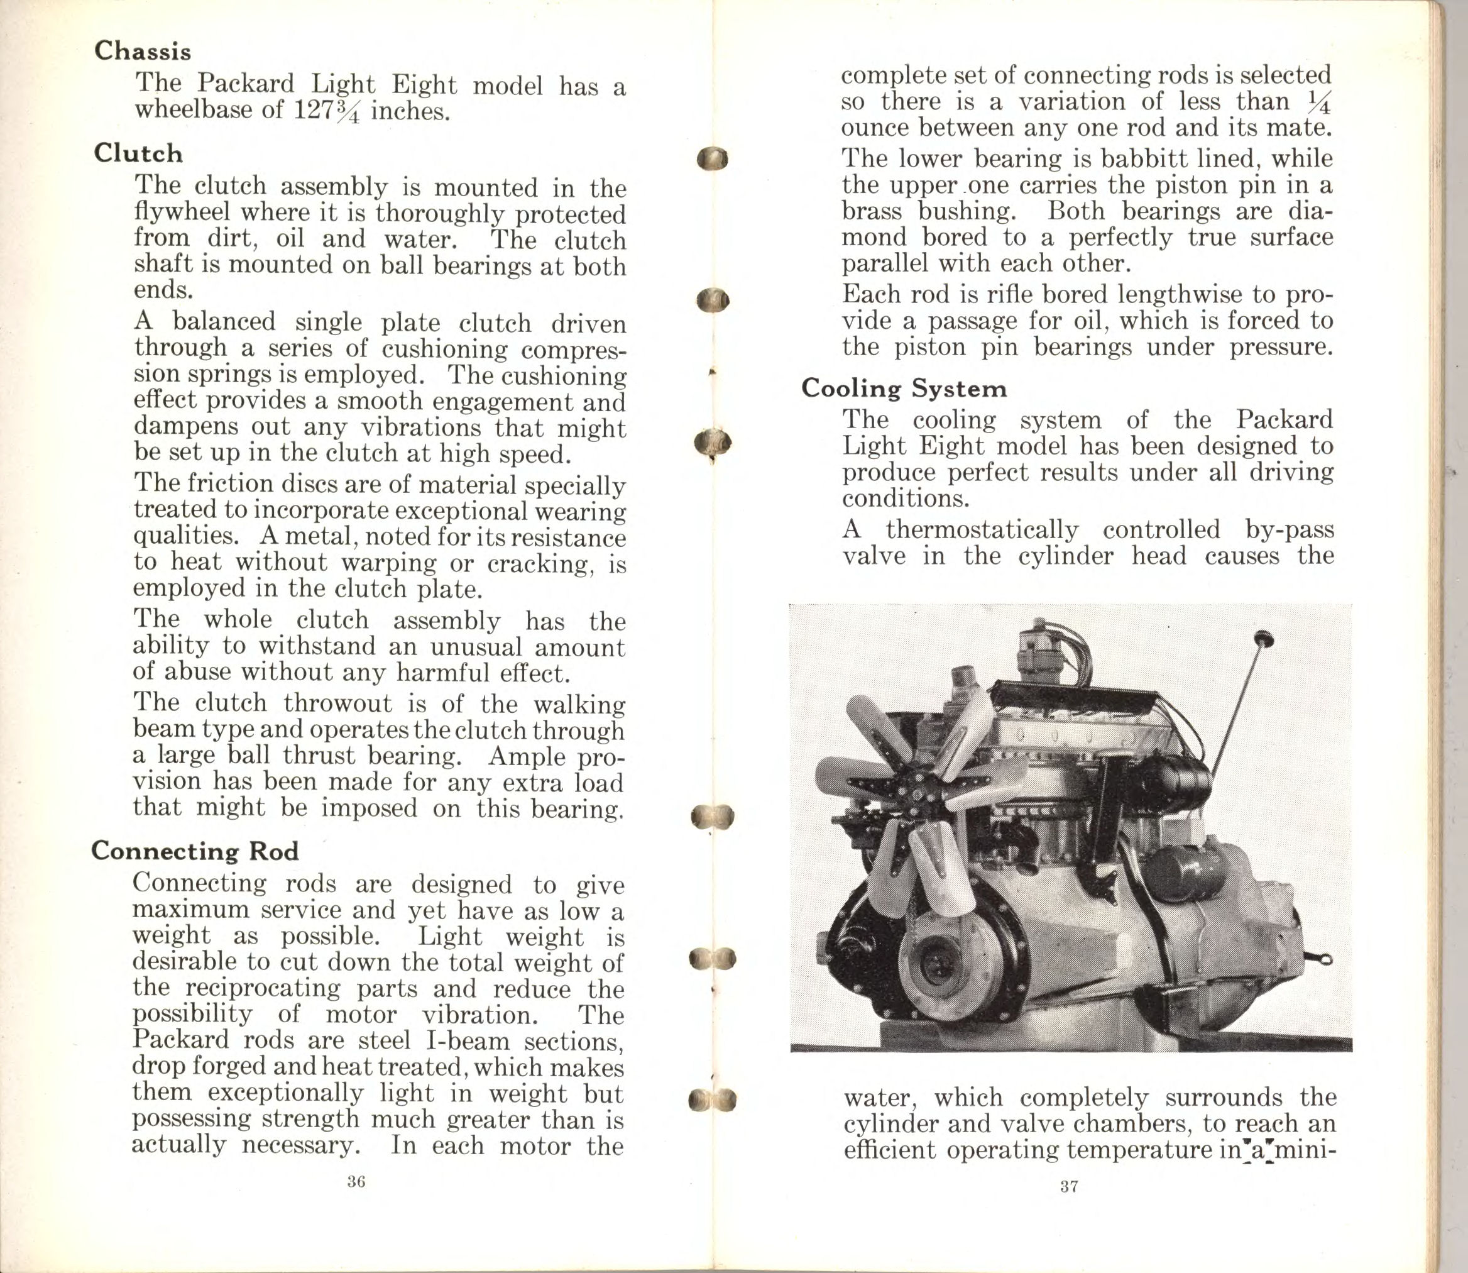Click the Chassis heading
click(143, 51)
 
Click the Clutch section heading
click(138, 153)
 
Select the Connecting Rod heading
click(195, 851)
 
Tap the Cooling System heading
click(904, 389)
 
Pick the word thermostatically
click(982, 529)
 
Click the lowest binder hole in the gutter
click(711, 1099)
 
